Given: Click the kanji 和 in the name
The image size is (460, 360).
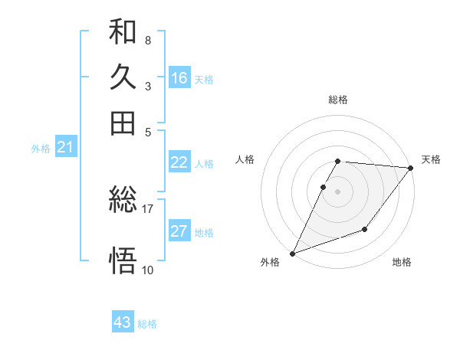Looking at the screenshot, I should [123, 34].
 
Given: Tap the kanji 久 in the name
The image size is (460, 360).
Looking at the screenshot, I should [123, 79].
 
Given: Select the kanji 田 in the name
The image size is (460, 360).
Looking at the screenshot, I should [123, 123].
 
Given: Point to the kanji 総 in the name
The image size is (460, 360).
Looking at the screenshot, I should [123, 201].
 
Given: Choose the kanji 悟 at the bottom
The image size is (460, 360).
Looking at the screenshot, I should [123, 260].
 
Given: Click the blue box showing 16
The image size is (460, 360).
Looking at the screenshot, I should [179, 78].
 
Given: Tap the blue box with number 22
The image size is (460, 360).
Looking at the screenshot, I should [179, 162].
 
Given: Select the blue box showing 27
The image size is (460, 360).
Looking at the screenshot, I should [179, 231].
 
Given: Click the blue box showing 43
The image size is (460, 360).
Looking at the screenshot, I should [123, 322].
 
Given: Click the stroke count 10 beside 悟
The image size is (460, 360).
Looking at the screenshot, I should [148, 270].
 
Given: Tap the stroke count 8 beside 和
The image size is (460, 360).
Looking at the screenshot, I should [147, 40].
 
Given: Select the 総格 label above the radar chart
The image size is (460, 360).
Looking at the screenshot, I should [338, 100].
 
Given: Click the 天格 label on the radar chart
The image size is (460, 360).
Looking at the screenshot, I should [431, 159].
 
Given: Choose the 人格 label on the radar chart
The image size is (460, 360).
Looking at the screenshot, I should [245, 159].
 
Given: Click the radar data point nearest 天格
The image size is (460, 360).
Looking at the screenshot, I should [411, 168].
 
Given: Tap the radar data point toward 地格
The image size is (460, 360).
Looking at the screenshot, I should [365, 229].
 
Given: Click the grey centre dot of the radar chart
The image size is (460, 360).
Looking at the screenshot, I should [338, 191].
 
